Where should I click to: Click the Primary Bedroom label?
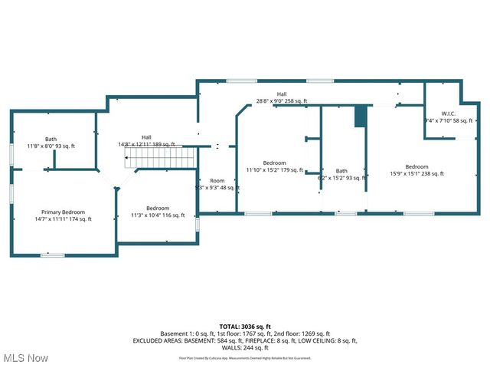coord(63,212)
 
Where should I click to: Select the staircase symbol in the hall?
coord(160,159)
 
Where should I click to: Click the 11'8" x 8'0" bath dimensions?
coord(51,146)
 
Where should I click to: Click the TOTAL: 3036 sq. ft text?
coord(245,327)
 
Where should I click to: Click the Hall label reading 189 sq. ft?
coord(146,137)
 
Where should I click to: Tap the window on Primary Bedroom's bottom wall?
coord(52,255)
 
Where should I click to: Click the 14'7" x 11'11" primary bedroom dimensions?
coord(63,219)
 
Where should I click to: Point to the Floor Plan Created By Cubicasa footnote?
coord(245,357)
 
